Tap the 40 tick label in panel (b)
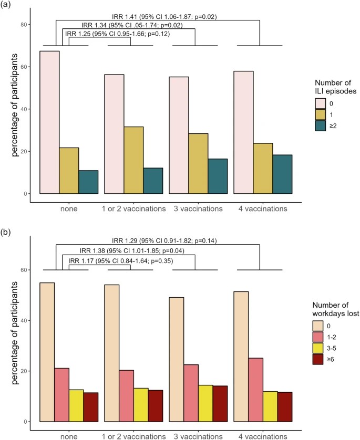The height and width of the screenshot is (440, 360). point(25,320)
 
